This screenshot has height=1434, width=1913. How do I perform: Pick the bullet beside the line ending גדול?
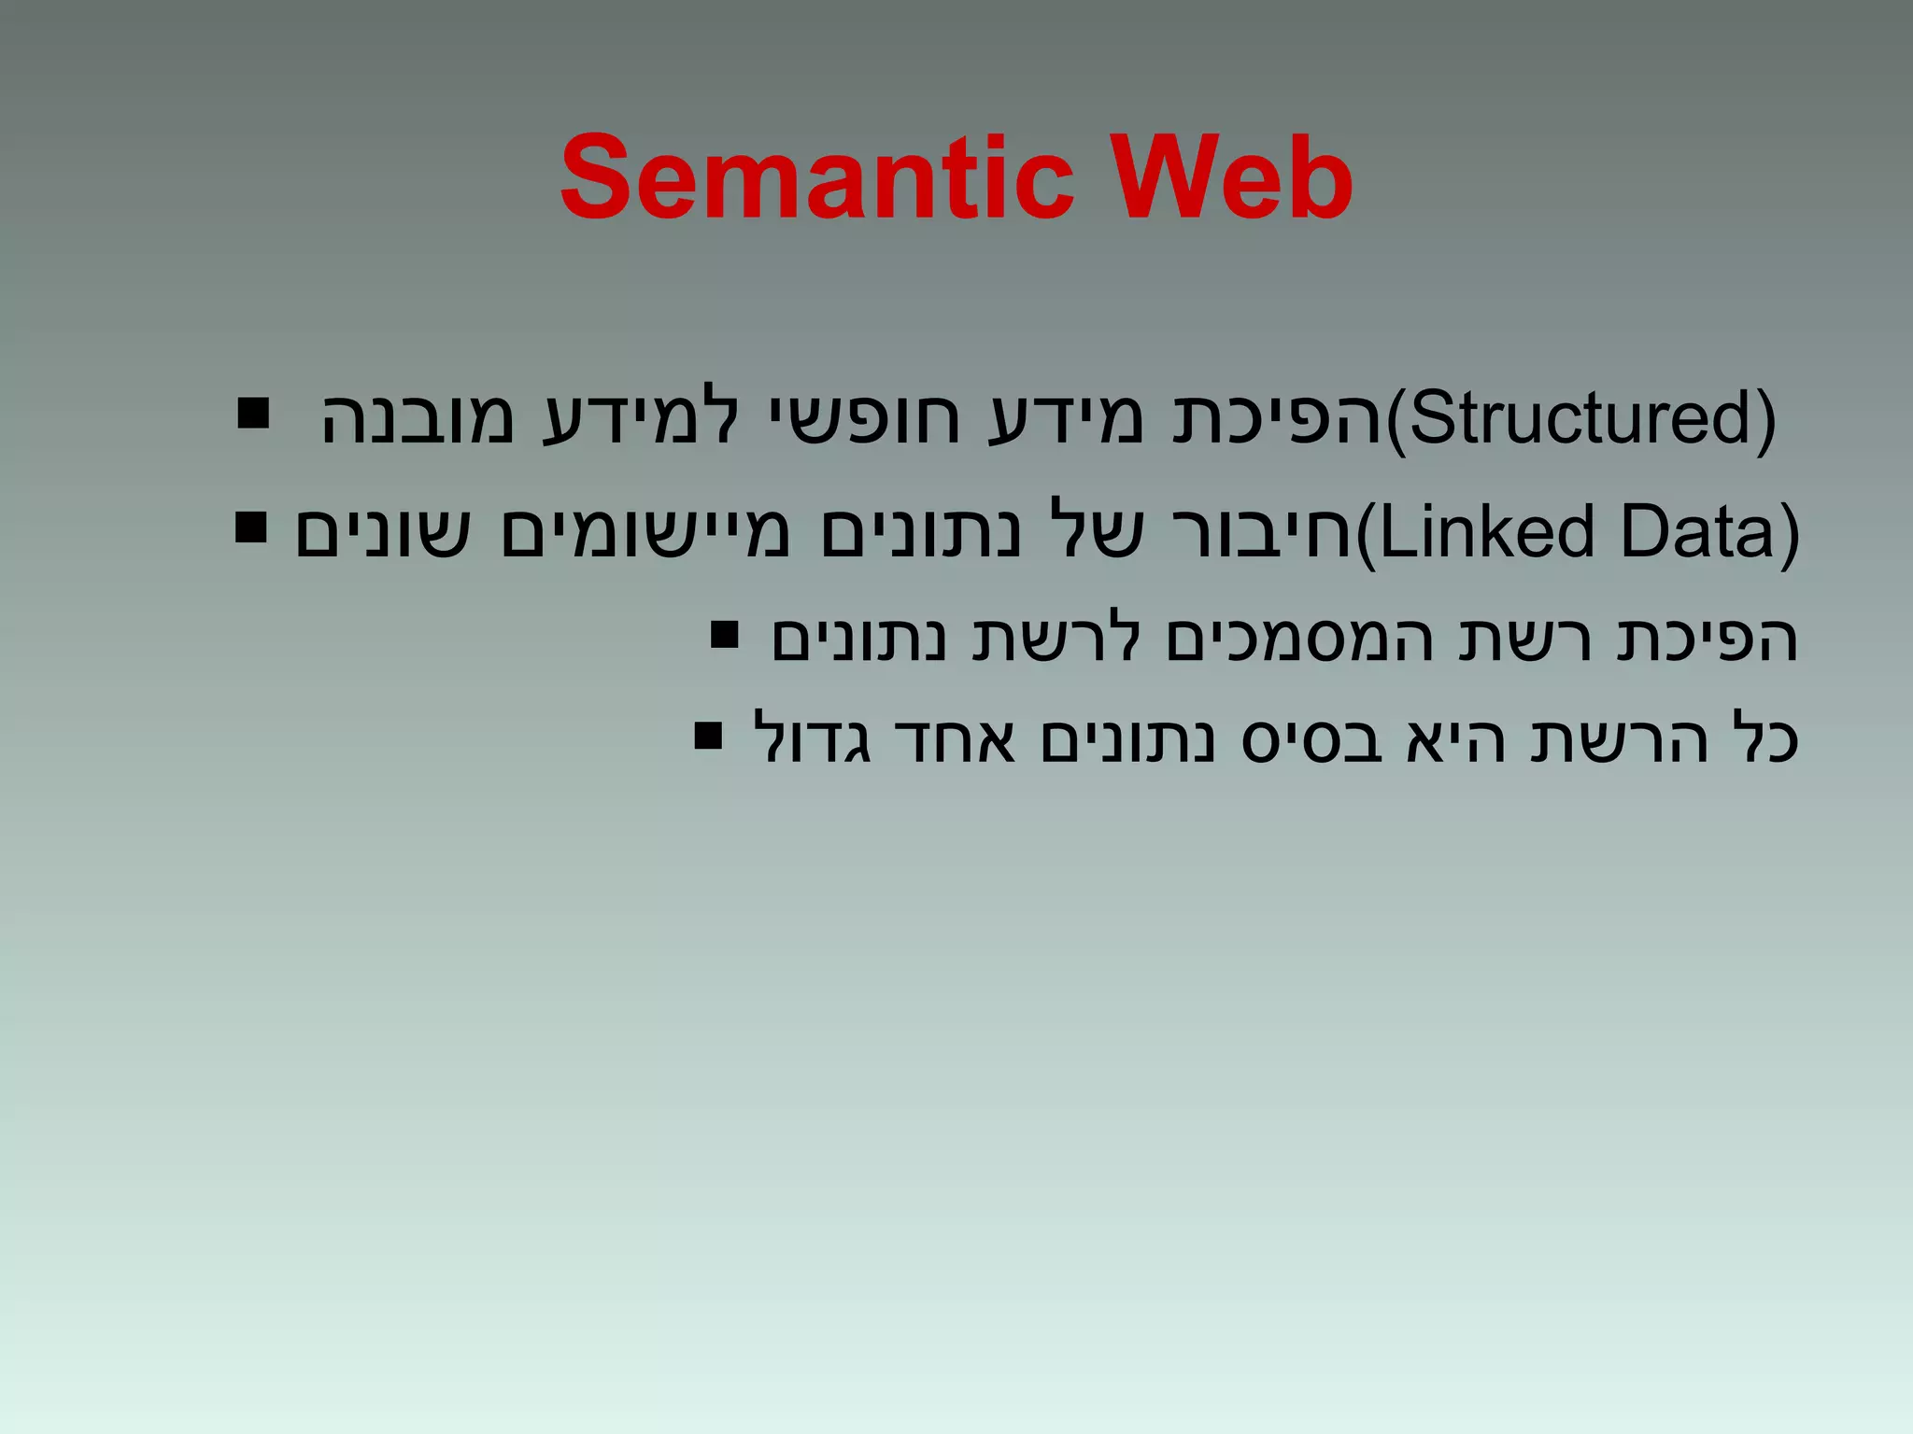click(708, 737)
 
